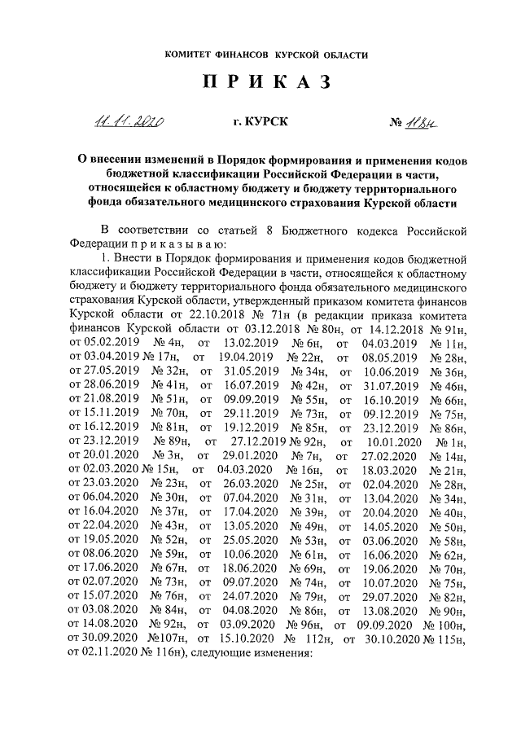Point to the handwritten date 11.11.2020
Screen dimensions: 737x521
pos(127,123)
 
